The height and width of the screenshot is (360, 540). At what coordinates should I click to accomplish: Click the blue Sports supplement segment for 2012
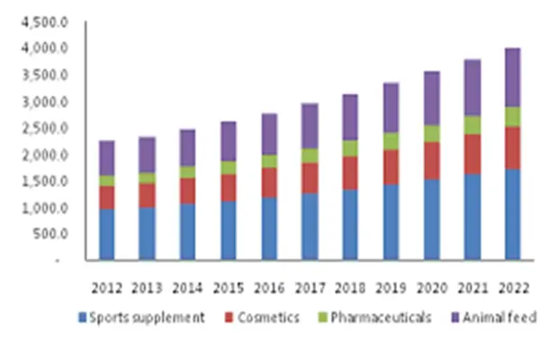click(x=106, y=234)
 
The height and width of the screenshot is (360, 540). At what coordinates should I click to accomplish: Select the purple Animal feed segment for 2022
click(x=512, y=76)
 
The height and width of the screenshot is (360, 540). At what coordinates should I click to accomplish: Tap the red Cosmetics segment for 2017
click(x=310, y=177)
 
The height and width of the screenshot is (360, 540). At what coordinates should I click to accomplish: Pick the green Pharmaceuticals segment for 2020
click(x=431, y=133)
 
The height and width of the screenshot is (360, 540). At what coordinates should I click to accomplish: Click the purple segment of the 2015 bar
click(x=228, y=141)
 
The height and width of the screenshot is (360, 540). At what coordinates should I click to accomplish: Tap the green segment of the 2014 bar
click(x=187, y=172)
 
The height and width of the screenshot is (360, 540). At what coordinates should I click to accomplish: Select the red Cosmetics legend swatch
click(x=229, y=318)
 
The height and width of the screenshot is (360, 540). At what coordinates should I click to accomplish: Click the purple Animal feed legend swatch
click(x=454, y=318)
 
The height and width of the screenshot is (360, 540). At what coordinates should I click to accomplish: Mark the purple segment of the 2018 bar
click(x=350, y=117)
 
